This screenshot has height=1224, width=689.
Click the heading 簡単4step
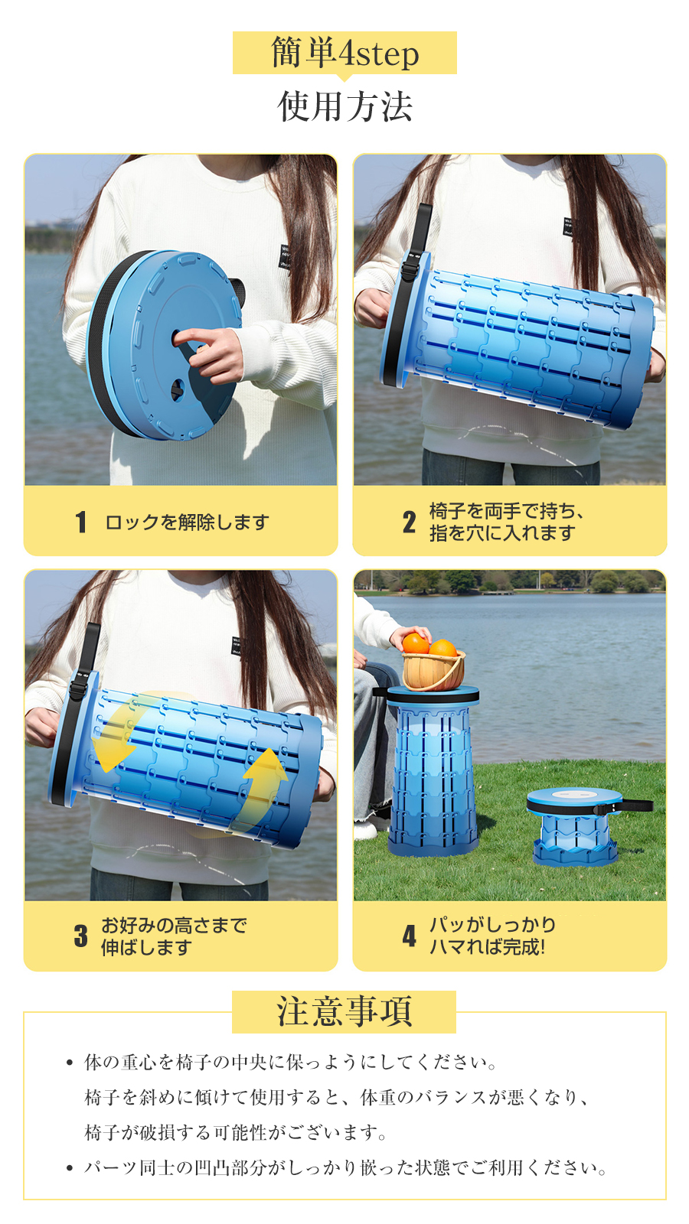point(344,53)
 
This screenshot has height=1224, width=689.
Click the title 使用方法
point(344,106)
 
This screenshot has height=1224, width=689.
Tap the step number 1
point(81,522)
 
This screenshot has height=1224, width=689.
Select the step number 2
point(409,522)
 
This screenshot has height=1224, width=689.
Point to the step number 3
point(81,936)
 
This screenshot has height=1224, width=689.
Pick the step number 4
point(409,936)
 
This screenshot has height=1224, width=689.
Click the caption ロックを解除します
point(187,522)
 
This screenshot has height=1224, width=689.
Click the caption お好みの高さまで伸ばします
point(173,936)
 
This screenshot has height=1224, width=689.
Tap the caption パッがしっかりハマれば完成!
point(492,936)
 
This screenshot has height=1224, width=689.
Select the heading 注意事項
point(344,1011)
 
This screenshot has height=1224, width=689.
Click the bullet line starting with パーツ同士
point(345,1167)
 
